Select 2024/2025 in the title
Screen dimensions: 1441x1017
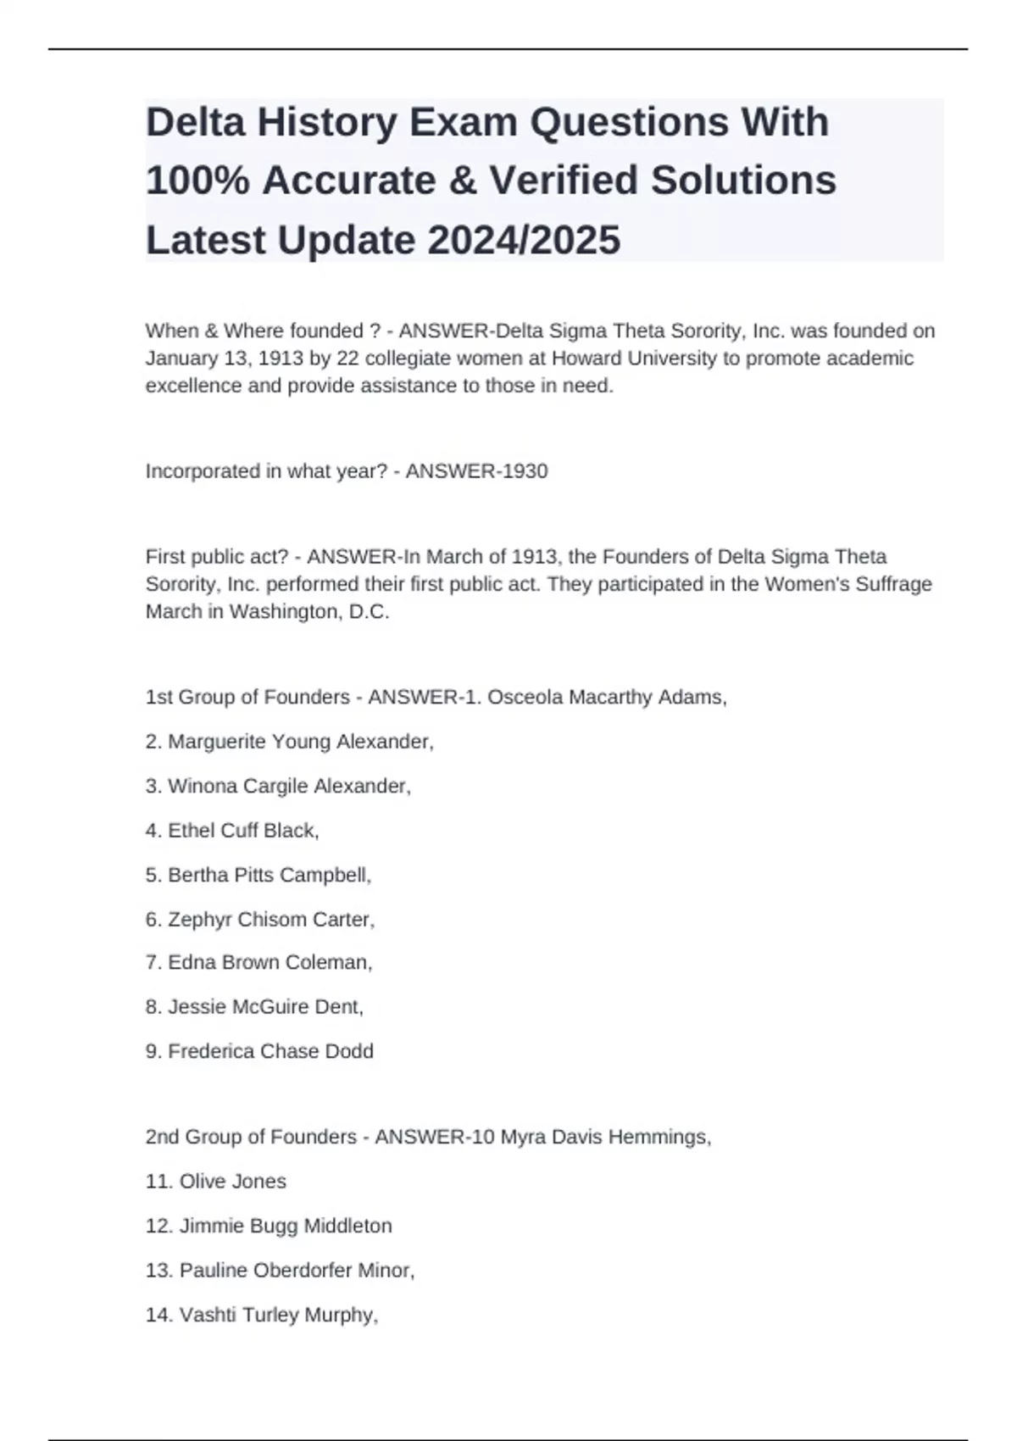[524, 240]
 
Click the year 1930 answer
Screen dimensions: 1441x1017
[525, 471]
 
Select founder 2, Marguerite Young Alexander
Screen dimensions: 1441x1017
[300, 742]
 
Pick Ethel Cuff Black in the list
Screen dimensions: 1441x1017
[242, 831]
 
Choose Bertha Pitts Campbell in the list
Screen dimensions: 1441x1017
[269, 875]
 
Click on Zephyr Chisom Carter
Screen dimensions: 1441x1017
[270, 920]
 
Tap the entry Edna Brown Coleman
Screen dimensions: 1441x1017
[270, 963]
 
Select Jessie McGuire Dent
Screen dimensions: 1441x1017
[264, 1007]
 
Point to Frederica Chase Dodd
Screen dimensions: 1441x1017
[270, 1051]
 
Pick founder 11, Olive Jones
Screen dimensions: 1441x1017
[232, 1182]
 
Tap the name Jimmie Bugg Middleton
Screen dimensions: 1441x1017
[285, 1226]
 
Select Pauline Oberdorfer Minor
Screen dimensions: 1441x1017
[296, 1271]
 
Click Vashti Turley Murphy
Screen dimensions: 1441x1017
[277, 1315]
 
